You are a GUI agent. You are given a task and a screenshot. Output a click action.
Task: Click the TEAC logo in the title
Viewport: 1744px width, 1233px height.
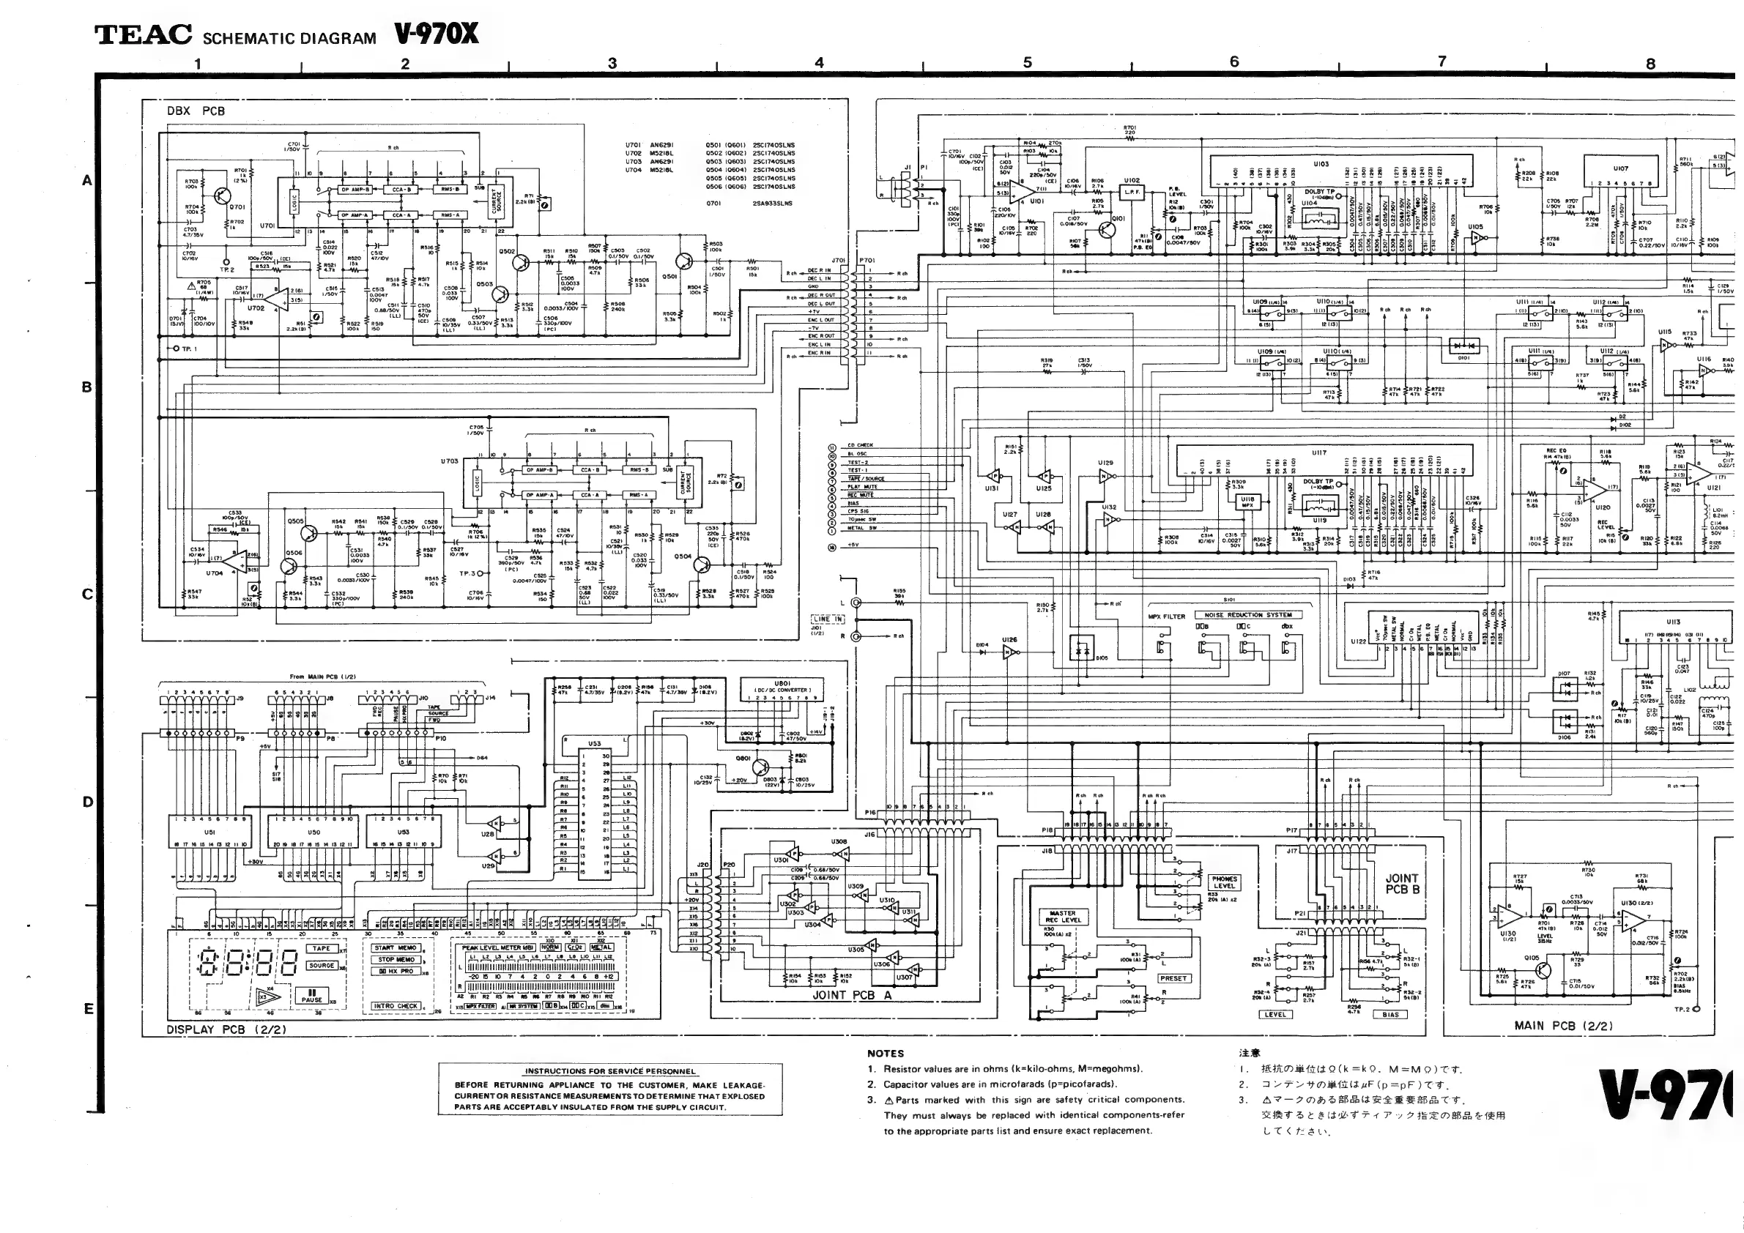click(x=143, y=35)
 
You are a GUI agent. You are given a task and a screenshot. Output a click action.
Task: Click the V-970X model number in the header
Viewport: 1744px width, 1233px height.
click(x=436, y=34)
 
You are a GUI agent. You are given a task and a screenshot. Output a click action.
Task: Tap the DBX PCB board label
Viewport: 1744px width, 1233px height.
click(x=196, y=111)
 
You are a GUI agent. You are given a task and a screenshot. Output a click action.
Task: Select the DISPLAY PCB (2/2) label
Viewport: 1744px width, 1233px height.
click(x=226, y=1030)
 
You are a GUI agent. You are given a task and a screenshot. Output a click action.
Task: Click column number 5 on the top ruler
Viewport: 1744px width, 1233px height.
click(x=1027, y=62)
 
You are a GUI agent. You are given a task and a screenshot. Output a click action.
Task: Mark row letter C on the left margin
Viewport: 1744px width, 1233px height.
click(x=87, y=595)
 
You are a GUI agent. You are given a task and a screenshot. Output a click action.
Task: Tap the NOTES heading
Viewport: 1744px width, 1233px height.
click(x=886, y=1054)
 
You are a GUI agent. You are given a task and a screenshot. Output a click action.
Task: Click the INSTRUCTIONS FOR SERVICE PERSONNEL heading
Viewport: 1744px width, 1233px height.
click(x=610, y=1071)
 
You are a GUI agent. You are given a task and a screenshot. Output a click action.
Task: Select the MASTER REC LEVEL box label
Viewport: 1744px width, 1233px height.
click(x=1063, y=917)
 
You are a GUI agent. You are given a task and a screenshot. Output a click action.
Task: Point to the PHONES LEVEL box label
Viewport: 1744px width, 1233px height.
click(x=1224, y=882)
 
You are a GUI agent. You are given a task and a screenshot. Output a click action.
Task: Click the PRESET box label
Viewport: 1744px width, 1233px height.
click(x=1173, y=979)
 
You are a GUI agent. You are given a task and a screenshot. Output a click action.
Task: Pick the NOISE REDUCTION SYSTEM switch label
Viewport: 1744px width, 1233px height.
click(x=1248, y=615)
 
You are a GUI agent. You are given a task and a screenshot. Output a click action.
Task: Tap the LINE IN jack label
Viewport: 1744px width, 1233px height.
click(x=827, y=619)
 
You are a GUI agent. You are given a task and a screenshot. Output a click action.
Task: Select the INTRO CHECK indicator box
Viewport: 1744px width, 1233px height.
click(x=396, y=1006)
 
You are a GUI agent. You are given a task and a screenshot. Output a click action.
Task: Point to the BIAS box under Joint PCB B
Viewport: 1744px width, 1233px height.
click(x=1391, y=1014)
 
